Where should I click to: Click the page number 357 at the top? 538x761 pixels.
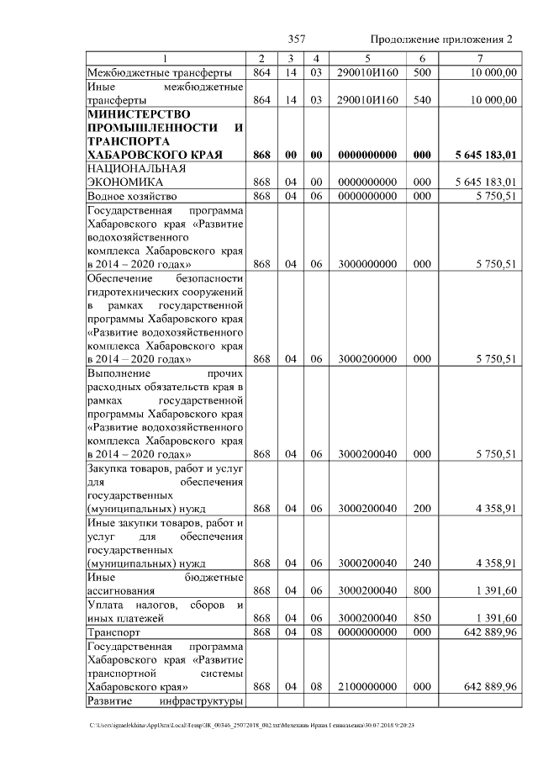pos(296,40)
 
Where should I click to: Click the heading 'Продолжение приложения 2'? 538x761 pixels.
pos(440,40)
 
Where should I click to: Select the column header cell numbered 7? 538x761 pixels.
pos(479,58)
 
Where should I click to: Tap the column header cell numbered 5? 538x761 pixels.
pos(367,58)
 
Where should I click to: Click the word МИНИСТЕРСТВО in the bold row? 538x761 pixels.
pos(138,114)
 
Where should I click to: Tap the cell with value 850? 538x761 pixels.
pos(422,617)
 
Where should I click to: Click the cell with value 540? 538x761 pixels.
pos(422,99)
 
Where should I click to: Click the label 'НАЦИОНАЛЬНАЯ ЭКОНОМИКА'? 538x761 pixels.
pos(131,174)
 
